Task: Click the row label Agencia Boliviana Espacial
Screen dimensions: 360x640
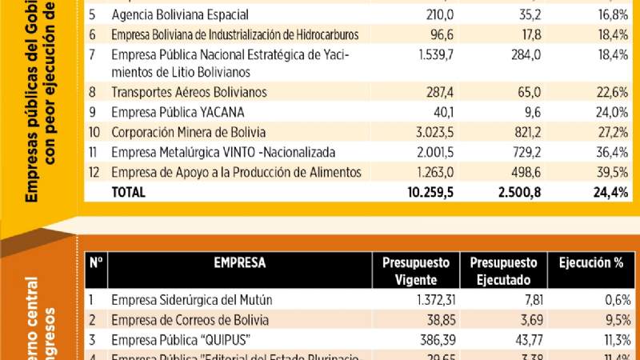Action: click(x=180, y=14)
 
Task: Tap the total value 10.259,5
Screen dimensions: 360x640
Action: click(x=430, y=192)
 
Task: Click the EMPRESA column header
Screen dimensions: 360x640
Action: click(x=239, y=262)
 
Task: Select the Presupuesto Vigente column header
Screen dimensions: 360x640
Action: click(x=415, y=270)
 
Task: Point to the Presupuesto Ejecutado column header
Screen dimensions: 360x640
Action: click(x=503, y=270)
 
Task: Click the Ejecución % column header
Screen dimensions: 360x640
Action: click(x=591, y=262)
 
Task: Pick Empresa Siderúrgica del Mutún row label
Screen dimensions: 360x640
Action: click(x=192, y=300)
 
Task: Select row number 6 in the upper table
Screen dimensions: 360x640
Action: click(x=93, y=34)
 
